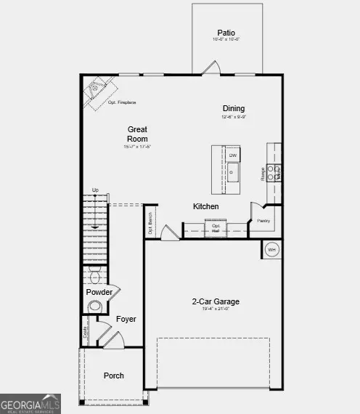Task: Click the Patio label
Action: pos(227,33)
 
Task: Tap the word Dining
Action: pos(234,108)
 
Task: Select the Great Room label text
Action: pos(137,134)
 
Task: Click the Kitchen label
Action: pos(205,206)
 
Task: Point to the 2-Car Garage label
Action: pos(216,301)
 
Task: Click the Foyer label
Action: pos(126,319)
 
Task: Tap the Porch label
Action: pos(113,376)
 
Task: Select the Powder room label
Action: pos(99,292)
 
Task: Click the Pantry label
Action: pos(263,220)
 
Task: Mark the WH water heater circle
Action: pos(272,250)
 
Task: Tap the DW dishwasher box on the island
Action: pos(233,155)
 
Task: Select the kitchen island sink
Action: pos(233,173)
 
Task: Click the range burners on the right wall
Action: pos(274,172)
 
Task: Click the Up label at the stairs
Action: pos(95,190)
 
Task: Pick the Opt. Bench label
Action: pos(150,222)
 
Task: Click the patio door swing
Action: pos(210,68)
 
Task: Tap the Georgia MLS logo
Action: pos(30,404)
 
